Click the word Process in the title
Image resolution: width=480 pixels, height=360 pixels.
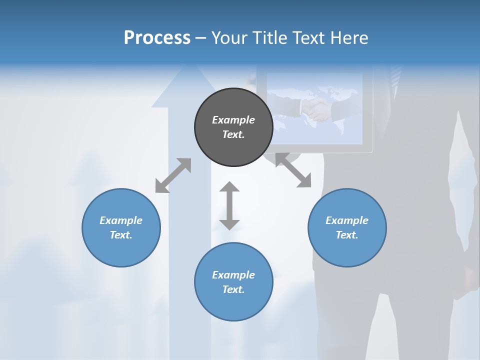[x=157, y=38]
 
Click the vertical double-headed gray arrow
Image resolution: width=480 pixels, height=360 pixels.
[x=229, y=205]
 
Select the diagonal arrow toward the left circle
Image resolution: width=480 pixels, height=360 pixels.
[x=173, y=175]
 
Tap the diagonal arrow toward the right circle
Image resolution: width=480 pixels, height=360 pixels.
[x=293, y=170]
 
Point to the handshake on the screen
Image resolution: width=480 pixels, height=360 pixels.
[x=316, y=109]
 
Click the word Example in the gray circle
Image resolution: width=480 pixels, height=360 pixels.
[x=233, y=120]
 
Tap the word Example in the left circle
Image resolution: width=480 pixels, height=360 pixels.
[x=121, y=220]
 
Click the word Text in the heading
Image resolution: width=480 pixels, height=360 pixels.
[x=309, y=38]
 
